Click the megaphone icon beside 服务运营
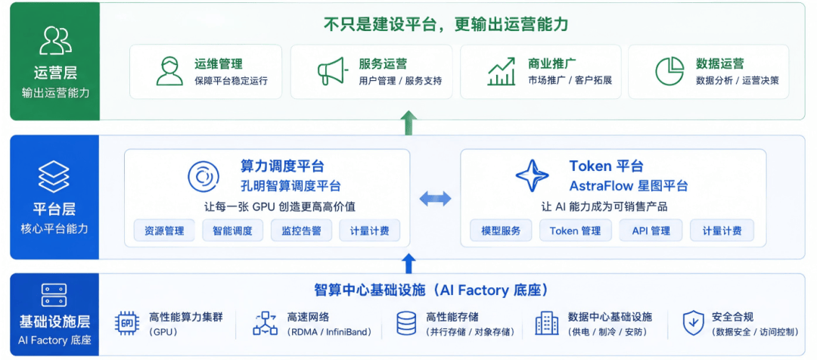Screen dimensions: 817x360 pyautogui.click(x=331, y=71)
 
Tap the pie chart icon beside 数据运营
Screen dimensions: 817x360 pyautogui.click(x=669, y=71)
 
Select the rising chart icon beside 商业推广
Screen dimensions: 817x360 pyautogui.click(x=502, y=71)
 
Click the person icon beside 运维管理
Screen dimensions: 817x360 pyautogui.click(x=170, y=71)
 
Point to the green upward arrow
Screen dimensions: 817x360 pyautogui.click(x=409, y=123)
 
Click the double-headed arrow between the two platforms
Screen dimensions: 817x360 pyautogui.click(x=435, y=198)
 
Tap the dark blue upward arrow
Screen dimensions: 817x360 pyautogui.click(x=409, y=263)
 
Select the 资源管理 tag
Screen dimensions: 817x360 pyautogui.click(x=164, y=230)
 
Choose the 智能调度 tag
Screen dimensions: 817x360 pyautogui.click(x=232, y=230)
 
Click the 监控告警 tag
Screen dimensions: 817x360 pyautogui.click(x=301, y=230)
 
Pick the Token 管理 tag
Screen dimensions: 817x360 pyautogui.click(x=575, y=230)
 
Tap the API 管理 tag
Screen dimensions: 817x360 pyautogui.click(x=651, y=230)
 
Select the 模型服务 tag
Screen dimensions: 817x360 pyautogui.click(x=501, y=230)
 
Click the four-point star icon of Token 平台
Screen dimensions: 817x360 pyautogui.click(x=532, y=175)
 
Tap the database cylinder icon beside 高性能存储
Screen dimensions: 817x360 pyautogui.click(x=406, y=323)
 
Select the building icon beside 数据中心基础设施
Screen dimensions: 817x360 pyautogui.click(x=547, y=323)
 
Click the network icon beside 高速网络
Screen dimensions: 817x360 pyautogui.click(x=266, y=323)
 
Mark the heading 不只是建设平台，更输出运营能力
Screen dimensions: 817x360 pyautogui.click(x=446, y=24)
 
